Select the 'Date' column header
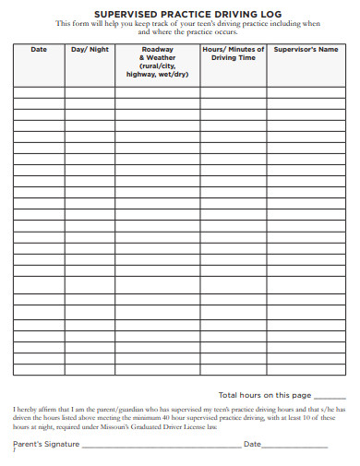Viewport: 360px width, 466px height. (39, 50)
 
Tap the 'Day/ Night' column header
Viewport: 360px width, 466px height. (90, 50)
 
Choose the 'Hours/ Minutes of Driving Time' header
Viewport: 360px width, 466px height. (233, 54)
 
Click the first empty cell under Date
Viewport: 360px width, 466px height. (39, 92)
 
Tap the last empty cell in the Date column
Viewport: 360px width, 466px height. (39, 370)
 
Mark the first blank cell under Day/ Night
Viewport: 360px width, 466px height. (90, 92)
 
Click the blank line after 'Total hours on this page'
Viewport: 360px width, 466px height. (330, 396)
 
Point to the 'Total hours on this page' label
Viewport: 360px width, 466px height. (264, 394)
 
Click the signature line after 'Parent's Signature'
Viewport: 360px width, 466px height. (161, 447)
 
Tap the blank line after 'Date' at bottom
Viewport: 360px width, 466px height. (295, 447)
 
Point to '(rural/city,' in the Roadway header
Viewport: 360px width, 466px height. (157, 66)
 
